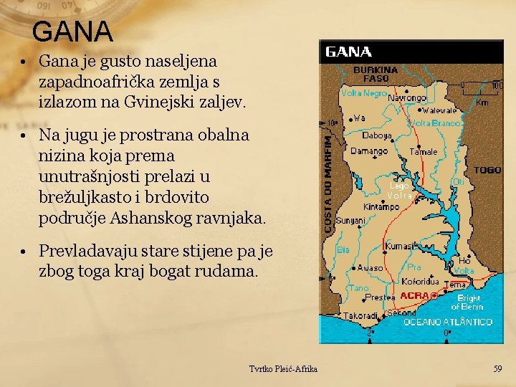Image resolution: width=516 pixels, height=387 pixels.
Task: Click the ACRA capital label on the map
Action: [x=414, y=295]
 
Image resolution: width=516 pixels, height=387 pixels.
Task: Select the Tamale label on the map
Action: [x=424, y=151]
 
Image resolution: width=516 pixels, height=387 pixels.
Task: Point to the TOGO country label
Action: [x=487, y=171]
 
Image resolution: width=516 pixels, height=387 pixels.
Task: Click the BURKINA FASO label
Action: [x=371, y=74]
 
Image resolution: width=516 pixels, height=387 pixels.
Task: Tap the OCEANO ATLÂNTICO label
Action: [x=448, y=322]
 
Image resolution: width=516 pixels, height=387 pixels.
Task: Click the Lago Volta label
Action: [x=399, y=191]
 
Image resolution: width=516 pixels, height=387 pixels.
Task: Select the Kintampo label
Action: [x=381, y=207]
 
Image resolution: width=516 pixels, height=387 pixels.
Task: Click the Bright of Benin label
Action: [x=468, y=302]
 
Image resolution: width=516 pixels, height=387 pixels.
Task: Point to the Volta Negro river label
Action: [x=364, y=93]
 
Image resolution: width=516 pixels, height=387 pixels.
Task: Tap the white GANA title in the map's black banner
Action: [x=349, y=52]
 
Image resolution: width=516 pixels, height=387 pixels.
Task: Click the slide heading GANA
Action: [x=72, y=31]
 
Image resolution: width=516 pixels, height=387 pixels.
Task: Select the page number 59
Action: [x=497, y=368]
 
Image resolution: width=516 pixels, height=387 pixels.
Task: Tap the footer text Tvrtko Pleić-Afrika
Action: [x=283, y=368]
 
